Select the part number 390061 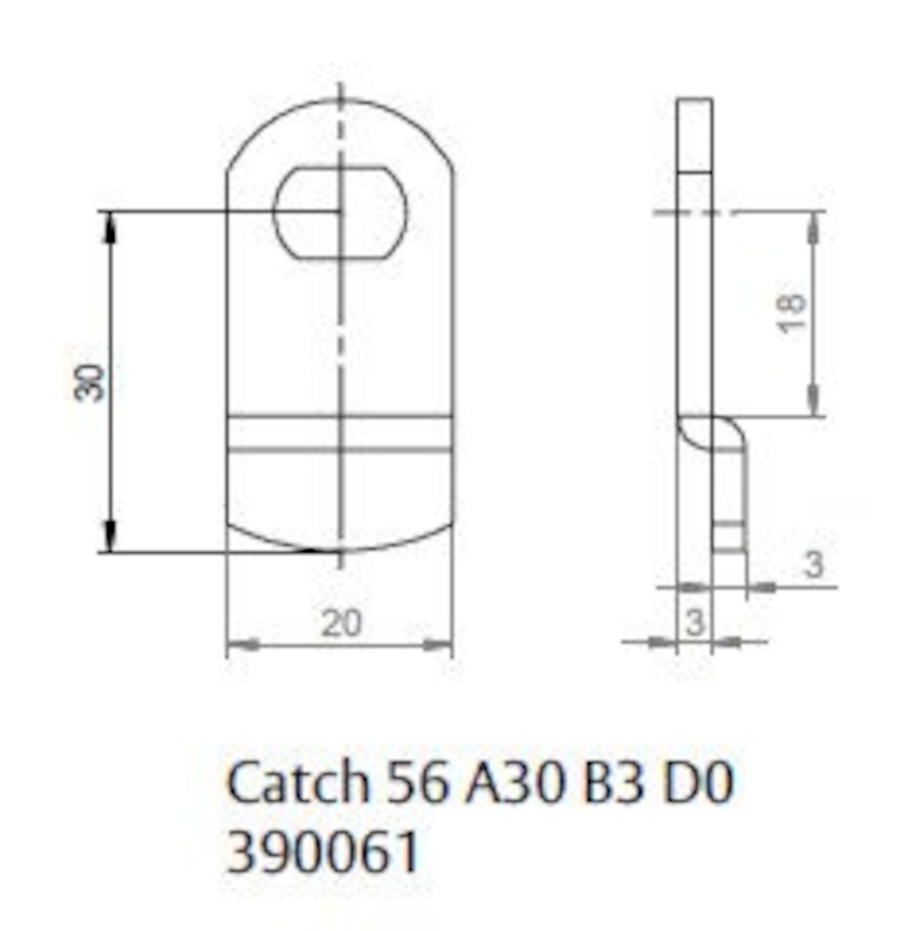click(322, 850)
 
